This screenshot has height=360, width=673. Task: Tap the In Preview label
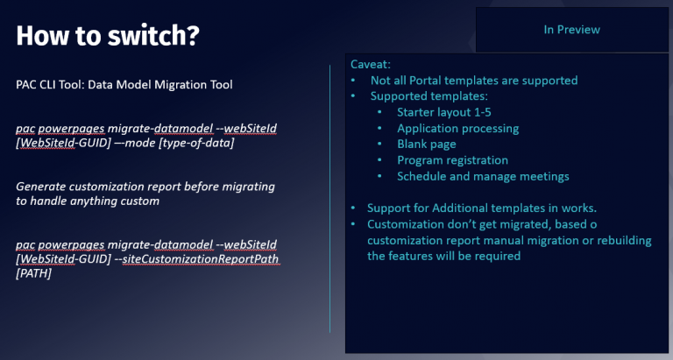tap(571, 30)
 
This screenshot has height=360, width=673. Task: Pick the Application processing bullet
tap(457, 128)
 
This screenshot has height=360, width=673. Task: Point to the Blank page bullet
tap(427, 144)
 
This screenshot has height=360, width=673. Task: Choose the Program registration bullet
tap(452, 159)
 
